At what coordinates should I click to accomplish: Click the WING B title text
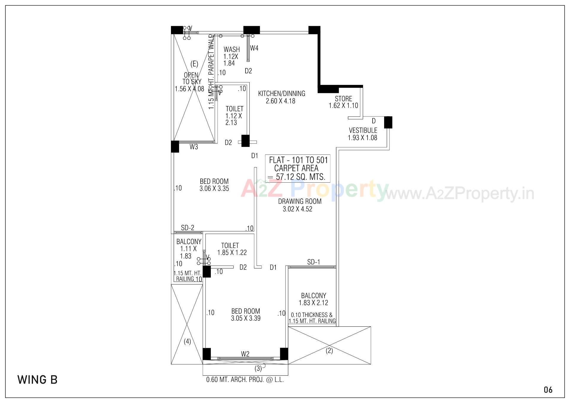click(x=37, y=380)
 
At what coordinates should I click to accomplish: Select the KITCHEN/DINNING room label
click(x=281, y=94)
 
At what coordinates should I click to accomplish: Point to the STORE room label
click(x=343, y=99)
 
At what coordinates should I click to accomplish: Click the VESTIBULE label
click(x=363, y=130)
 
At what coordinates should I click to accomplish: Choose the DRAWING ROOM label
click(x=300, y=201)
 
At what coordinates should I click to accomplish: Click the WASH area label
click(x=232, y=49)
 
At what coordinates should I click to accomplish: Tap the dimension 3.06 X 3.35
click(x=214, y=189)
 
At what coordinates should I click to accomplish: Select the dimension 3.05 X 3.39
click(x=246, y=318)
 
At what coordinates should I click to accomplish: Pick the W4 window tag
click(x=254, y=48)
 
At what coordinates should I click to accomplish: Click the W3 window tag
click(x=194, y=147)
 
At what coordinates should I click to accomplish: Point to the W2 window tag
click(x=245, y=354)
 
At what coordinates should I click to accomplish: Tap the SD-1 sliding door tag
click(x=313, y=262)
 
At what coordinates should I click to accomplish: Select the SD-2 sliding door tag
click(x=188, y=228)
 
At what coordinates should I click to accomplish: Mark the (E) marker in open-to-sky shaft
click(x=194, y=64)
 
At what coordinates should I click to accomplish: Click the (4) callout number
click(x=187, y=342)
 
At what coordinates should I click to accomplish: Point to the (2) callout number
click(x=329, y=351)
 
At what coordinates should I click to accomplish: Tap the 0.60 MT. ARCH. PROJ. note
click(x=245, y=380)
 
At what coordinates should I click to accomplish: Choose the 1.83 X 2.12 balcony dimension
click(x=313, y=303)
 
